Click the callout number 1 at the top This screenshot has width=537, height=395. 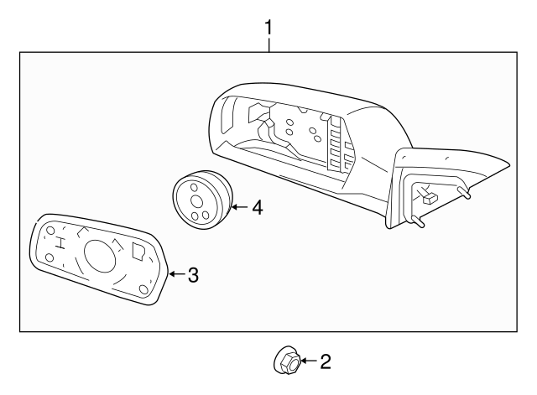point(268,28)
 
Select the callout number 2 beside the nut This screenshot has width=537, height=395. point(326,361)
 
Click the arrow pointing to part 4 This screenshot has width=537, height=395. point(237,207)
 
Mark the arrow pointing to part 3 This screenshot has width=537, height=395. point(175,274)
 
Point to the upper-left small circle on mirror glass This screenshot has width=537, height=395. point(51,231)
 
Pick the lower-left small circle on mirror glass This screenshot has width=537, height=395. point(50,257)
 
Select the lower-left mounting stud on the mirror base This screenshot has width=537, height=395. point(417,223)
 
